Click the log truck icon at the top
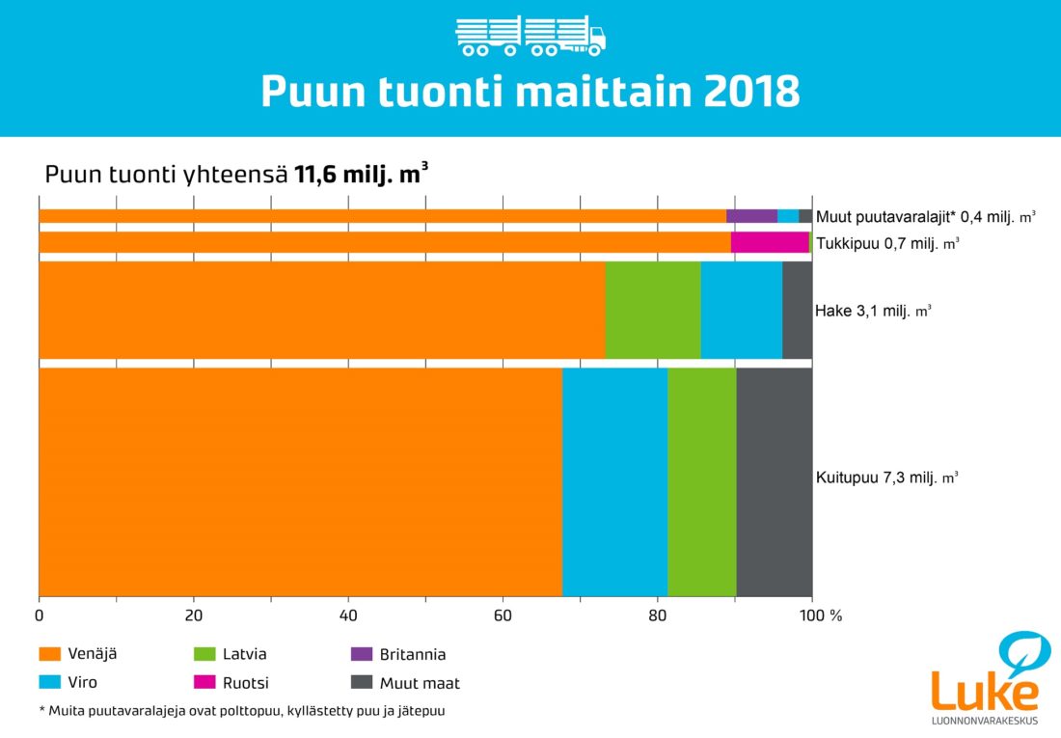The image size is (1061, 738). coord(530,36)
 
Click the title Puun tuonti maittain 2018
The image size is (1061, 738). coord(530,93)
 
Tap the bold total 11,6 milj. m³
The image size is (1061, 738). coord(361,175)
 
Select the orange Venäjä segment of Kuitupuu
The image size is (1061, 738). coord(300,482)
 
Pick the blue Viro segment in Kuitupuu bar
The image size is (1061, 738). coord(614,482)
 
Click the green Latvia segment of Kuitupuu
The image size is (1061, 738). coord(701,482)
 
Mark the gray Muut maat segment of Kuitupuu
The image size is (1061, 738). coord(774,482)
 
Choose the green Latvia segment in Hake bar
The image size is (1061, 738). coord(652,310)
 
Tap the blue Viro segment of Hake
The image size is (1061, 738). coord(741,310)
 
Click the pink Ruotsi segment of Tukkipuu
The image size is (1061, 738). coord(770,242)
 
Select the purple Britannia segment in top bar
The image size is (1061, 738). coord(751,216)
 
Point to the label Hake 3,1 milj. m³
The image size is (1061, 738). coord(873,312)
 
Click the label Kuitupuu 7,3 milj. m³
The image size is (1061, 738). coord(886,478)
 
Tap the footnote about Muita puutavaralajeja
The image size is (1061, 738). coord(247,711)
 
